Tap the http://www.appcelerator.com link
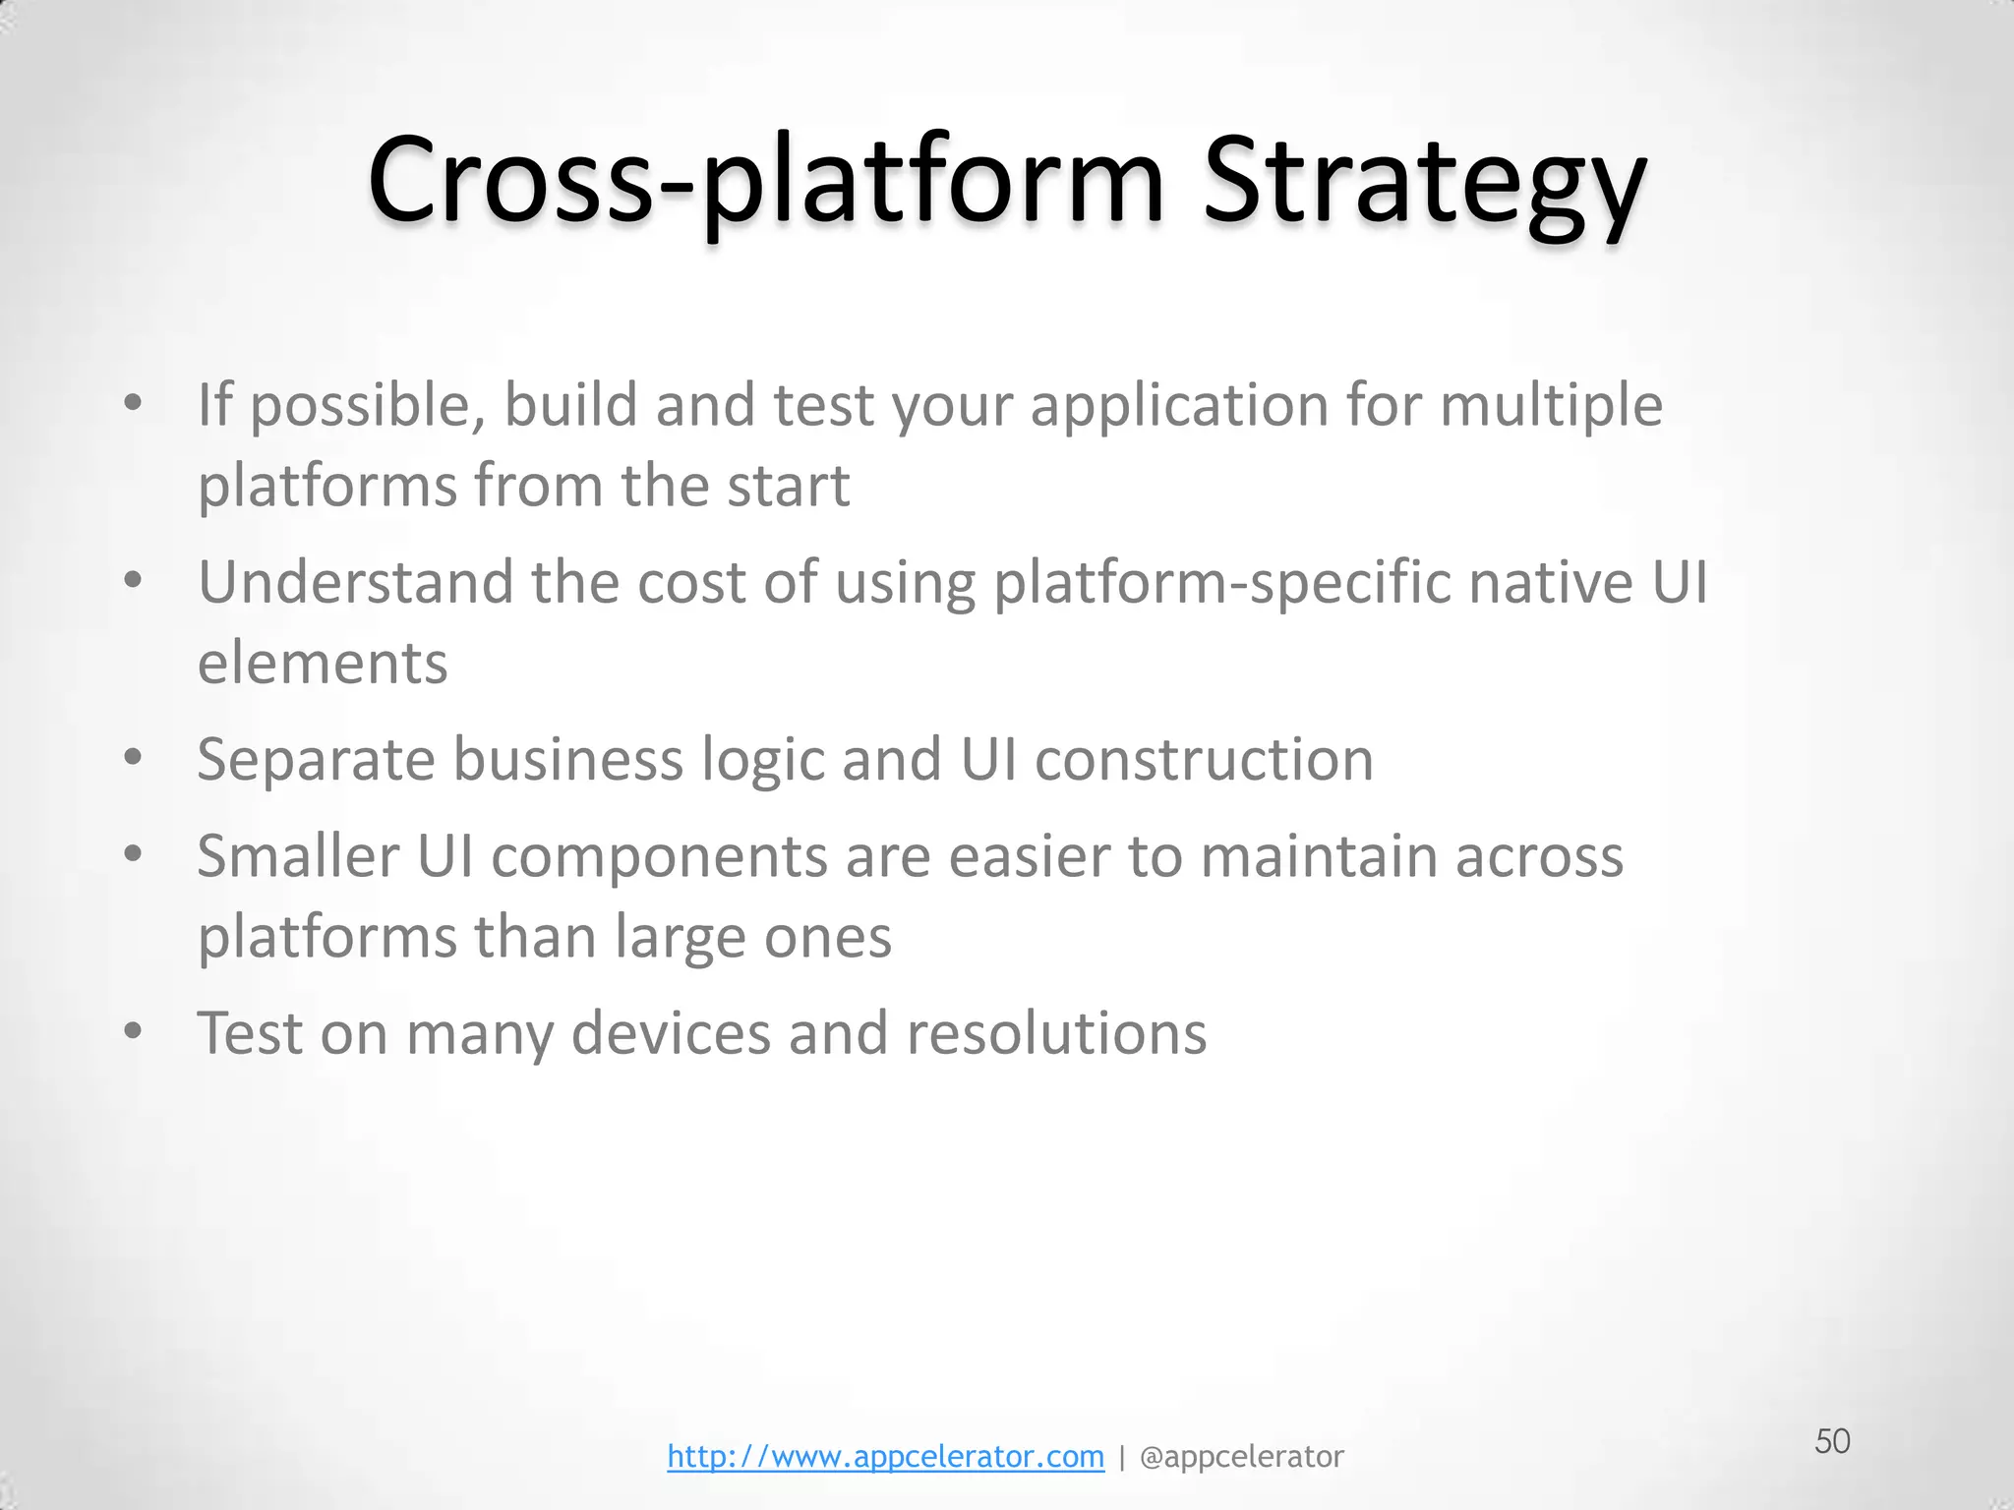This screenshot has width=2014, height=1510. click(x=885, y=1456)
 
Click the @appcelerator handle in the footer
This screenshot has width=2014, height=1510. click(x=1241, y=1456)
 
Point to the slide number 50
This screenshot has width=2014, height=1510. click(x=1832, y=1441)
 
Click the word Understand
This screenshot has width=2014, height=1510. click(x=355, y=582)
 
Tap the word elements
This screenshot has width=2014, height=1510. click(x=323, y=663)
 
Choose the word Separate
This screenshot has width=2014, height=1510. click(x=316, y=760)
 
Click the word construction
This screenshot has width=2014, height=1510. click(x=1204, y=760)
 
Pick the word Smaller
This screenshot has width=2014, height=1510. click(x=298, y=856)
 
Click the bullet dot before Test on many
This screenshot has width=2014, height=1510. click(x=134, y=1031)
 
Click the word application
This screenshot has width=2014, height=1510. click(x=1179, y=405)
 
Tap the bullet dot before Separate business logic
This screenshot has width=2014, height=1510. click(x=134, y=757)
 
